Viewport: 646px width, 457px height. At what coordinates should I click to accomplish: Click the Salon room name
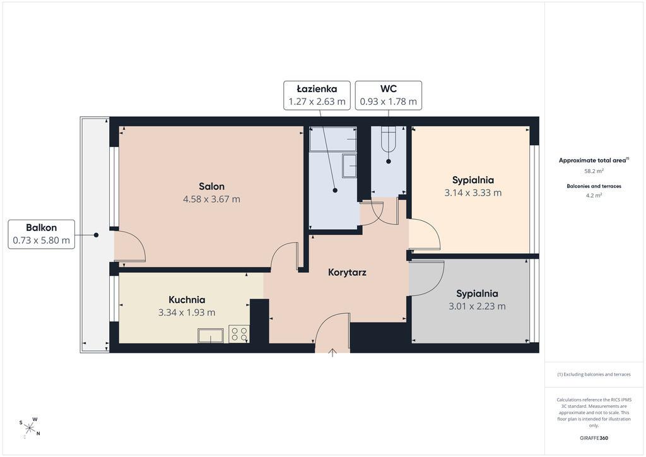(x=211, y=186)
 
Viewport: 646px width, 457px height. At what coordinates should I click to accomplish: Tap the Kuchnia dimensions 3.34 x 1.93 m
(x=187, y=312)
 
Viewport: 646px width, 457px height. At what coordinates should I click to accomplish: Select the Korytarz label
(x=347, y=273)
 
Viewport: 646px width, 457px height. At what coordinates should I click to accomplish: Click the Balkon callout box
(x=41, y=234)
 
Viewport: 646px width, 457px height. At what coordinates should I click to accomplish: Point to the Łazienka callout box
(x=317, y=95)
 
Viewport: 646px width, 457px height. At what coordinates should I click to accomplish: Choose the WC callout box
(x=389, y=95)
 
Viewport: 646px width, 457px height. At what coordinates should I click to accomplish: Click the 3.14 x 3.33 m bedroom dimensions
(x=473, y=193)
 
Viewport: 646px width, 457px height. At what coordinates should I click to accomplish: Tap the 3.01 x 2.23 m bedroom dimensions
(x=477, y=306)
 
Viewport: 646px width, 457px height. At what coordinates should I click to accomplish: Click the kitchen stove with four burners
(x=239, y=334)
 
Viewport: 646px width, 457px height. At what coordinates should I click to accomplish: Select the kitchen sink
(x=211, y=335)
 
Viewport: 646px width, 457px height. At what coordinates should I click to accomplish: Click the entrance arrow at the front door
(x=332, y=353)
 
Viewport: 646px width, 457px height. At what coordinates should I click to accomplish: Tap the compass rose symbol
(x=30, y=428)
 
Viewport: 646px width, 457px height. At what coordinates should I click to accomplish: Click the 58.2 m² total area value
(x=594, y=170)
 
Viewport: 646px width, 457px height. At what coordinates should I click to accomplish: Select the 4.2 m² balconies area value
(x=594, y=195)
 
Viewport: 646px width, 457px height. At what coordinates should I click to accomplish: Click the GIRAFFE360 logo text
(x=594, y=438)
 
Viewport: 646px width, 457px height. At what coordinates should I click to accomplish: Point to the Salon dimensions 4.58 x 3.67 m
(x=211, y=199)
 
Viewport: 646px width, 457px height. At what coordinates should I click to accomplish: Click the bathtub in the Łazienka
(x=333, y=139)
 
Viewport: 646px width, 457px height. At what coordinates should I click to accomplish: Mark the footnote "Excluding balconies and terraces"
(x=594, y=374)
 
